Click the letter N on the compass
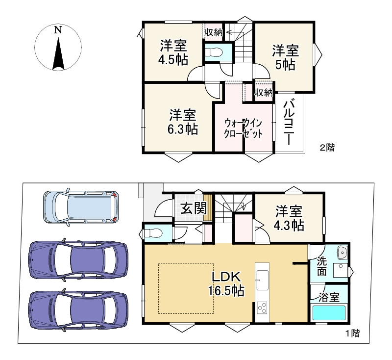tap(58, 30)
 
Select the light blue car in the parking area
tap(81, 207)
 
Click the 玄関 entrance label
tap(194, 208)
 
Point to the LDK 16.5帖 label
tap(226, 283)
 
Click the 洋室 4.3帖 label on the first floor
tap(289, 218)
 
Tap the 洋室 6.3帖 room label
tap(182, 122)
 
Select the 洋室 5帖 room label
tap(285, 57)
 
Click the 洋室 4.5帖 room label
tap(173, 52)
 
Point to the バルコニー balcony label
tap(289, 122)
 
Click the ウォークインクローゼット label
tap(243, 129)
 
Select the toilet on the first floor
tap(153, 233)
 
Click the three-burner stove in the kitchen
tap(262, 308)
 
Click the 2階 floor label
tap(327, 148)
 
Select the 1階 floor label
tap(352, 333)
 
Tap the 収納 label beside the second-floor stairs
tap(214, 32)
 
